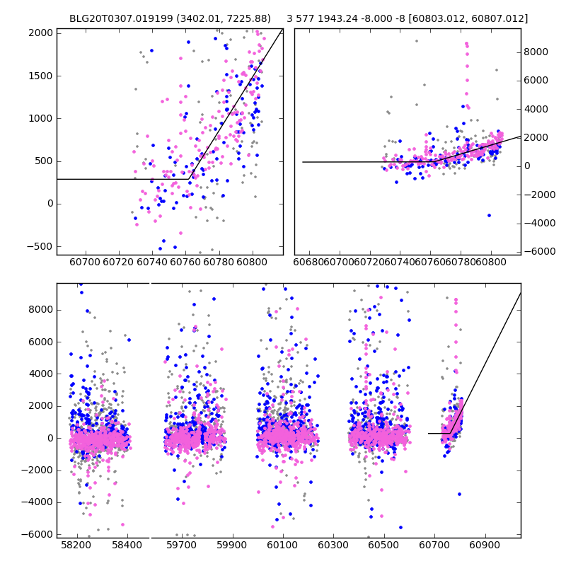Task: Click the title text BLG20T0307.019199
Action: point(116,18)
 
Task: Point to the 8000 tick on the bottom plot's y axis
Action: point(41,309)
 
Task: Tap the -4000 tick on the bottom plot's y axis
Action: point(41,502)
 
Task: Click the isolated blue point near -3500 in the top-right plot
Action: point(489,215)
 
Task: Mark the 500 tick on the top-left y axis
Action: point(44,161)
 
